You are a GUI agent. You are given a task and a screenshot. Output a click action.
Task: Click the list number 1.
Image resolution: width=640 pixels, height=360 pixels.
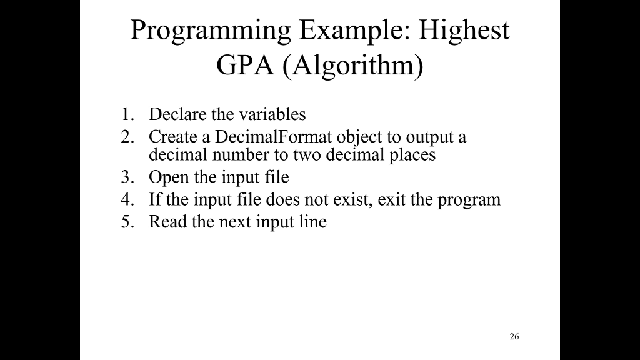[x=128, y=114]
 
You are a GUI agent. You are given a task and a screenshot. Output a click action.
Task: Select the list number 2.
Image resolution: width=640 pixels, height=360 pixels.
[x=128, y=137]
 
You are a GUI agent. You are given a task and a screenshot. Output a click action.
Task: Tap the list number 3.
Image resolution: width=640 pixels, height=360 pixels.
[x=128, y=177]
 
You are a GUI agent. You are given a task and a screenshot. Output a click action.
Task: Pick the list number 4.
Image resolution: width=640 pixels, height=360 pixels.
[x=128, y=200]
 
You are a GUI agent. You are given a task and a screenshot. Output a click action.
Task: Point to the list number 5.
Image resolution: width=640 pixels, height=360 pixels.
[x=128, y=222]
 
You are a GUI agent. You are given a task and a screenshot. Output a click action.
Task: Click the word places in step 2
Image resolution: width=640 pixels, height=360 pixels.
[x=412, y=155]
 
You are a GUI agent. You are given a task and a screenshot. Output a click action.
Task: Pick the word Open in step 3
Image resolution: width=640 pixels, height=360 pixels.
[x=164, y=178]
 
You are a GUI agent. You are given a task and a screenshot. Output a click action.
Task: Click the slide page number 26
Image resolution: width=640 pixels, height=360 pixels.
[x=514, y=337]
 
